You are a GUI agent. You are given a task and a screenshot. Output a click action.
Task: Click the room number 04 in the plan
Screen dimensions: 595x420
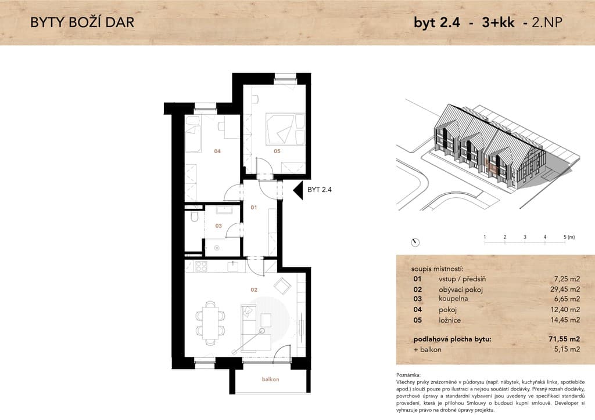(x=217, y=151)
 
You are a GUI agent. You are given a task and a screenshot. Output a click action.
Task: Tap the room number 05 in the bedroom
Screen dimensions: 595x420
(x=277, y=151)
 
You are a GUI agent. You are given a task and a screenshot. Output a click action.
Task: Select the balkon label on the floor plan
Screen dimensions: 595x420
(x=270, y=379)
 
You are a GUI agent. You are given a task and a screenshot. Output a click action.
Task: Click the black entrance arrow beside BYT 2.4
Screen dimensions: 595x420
(x=298, y=190)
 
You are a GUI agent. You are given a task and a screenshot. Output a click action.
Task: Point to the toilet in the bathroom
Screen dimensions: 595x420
(x=195, y=216)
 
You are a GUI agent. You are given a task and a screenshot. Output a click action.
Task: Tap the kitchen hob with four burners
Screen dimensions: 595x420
(x=200, y=266)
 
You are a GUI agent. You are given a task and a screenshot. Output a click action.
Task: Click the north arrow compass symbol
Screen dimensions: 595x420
(x=415, y=242)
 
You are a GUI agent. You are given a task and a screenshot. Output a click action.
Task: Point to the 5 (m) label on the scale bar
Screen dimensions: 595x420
(x=569, y=237)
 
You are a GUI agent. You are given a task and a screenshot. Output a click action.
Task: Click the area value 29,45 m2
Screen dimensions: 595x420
(x=565, y=289)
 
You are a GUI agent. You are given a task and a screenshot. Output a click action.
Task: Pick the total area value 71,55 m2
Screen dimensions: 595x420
(x=564, y=339)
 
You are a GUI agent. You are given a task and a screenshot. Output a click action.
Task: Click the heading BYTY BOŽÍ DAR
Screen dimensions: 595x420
(x=83, y=23)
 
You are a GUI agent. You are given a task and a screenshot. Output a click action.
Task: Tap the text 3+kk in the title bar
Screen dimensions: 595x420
(x=498, y=23)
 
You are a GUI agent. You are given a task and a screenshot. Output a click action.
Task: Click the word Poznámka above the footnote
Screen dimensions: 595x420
(x=408, y=375)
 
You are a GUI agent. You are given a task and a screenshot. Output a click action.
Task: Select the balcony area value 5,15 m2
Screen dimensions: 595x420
(x=567, y=349)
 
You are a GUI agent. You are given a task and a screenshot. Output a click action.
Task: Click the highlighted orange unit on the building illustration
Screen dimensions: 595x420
(x=492, y=166)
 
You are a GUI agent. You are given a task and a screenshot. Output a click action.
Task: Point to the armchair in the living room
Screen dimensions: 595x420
(x=282, y=286)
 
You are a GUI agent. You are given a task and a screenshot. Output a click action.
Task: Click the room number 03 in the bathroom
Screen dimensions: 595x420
(x=218, y=226)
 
